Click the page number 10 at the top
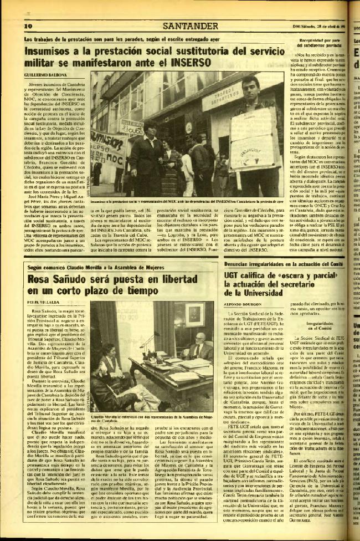(28, 25)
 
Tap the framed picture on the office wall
(193, 313)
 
